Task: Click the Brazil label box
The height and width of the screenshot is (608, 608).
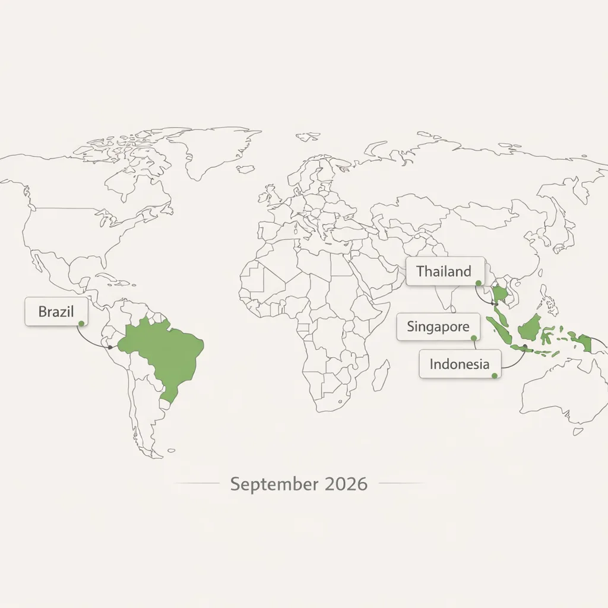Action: (x=56, y=312)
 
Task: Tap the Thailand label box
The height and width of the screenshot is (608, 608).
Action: (x=445, y=273)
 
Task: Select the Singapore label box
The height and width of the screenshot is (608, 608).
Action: (x=438, y=327)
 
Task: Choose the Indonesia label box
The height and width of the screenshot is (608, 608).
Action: (x=460, y=364)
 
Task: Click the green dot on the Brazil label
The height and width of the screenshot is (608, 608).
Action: (x=81, y=323)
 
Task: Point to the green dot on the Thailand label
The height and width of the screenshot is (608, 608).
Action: (x=478, y=283)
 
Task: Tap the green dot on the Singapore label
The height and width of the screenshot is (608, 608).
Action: (x=473, y=338)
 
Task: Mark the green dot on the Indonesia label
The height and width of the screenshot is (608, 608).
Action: (x=494, y=375)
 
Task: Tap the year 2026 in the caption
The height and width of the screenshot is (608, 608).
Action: (x=346, y=484)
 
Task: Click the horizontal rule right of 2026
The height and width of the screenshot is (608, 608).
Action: (x=401, y=483)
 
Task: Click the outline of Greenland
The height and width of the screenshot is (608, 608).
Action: (x=220, y=148)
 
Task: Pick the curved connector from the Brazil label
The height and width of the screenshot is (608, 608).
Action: (x=89, y=340)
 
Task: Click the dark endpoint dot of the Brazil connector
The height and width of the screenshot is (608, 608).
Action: (x=109, y=347)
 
